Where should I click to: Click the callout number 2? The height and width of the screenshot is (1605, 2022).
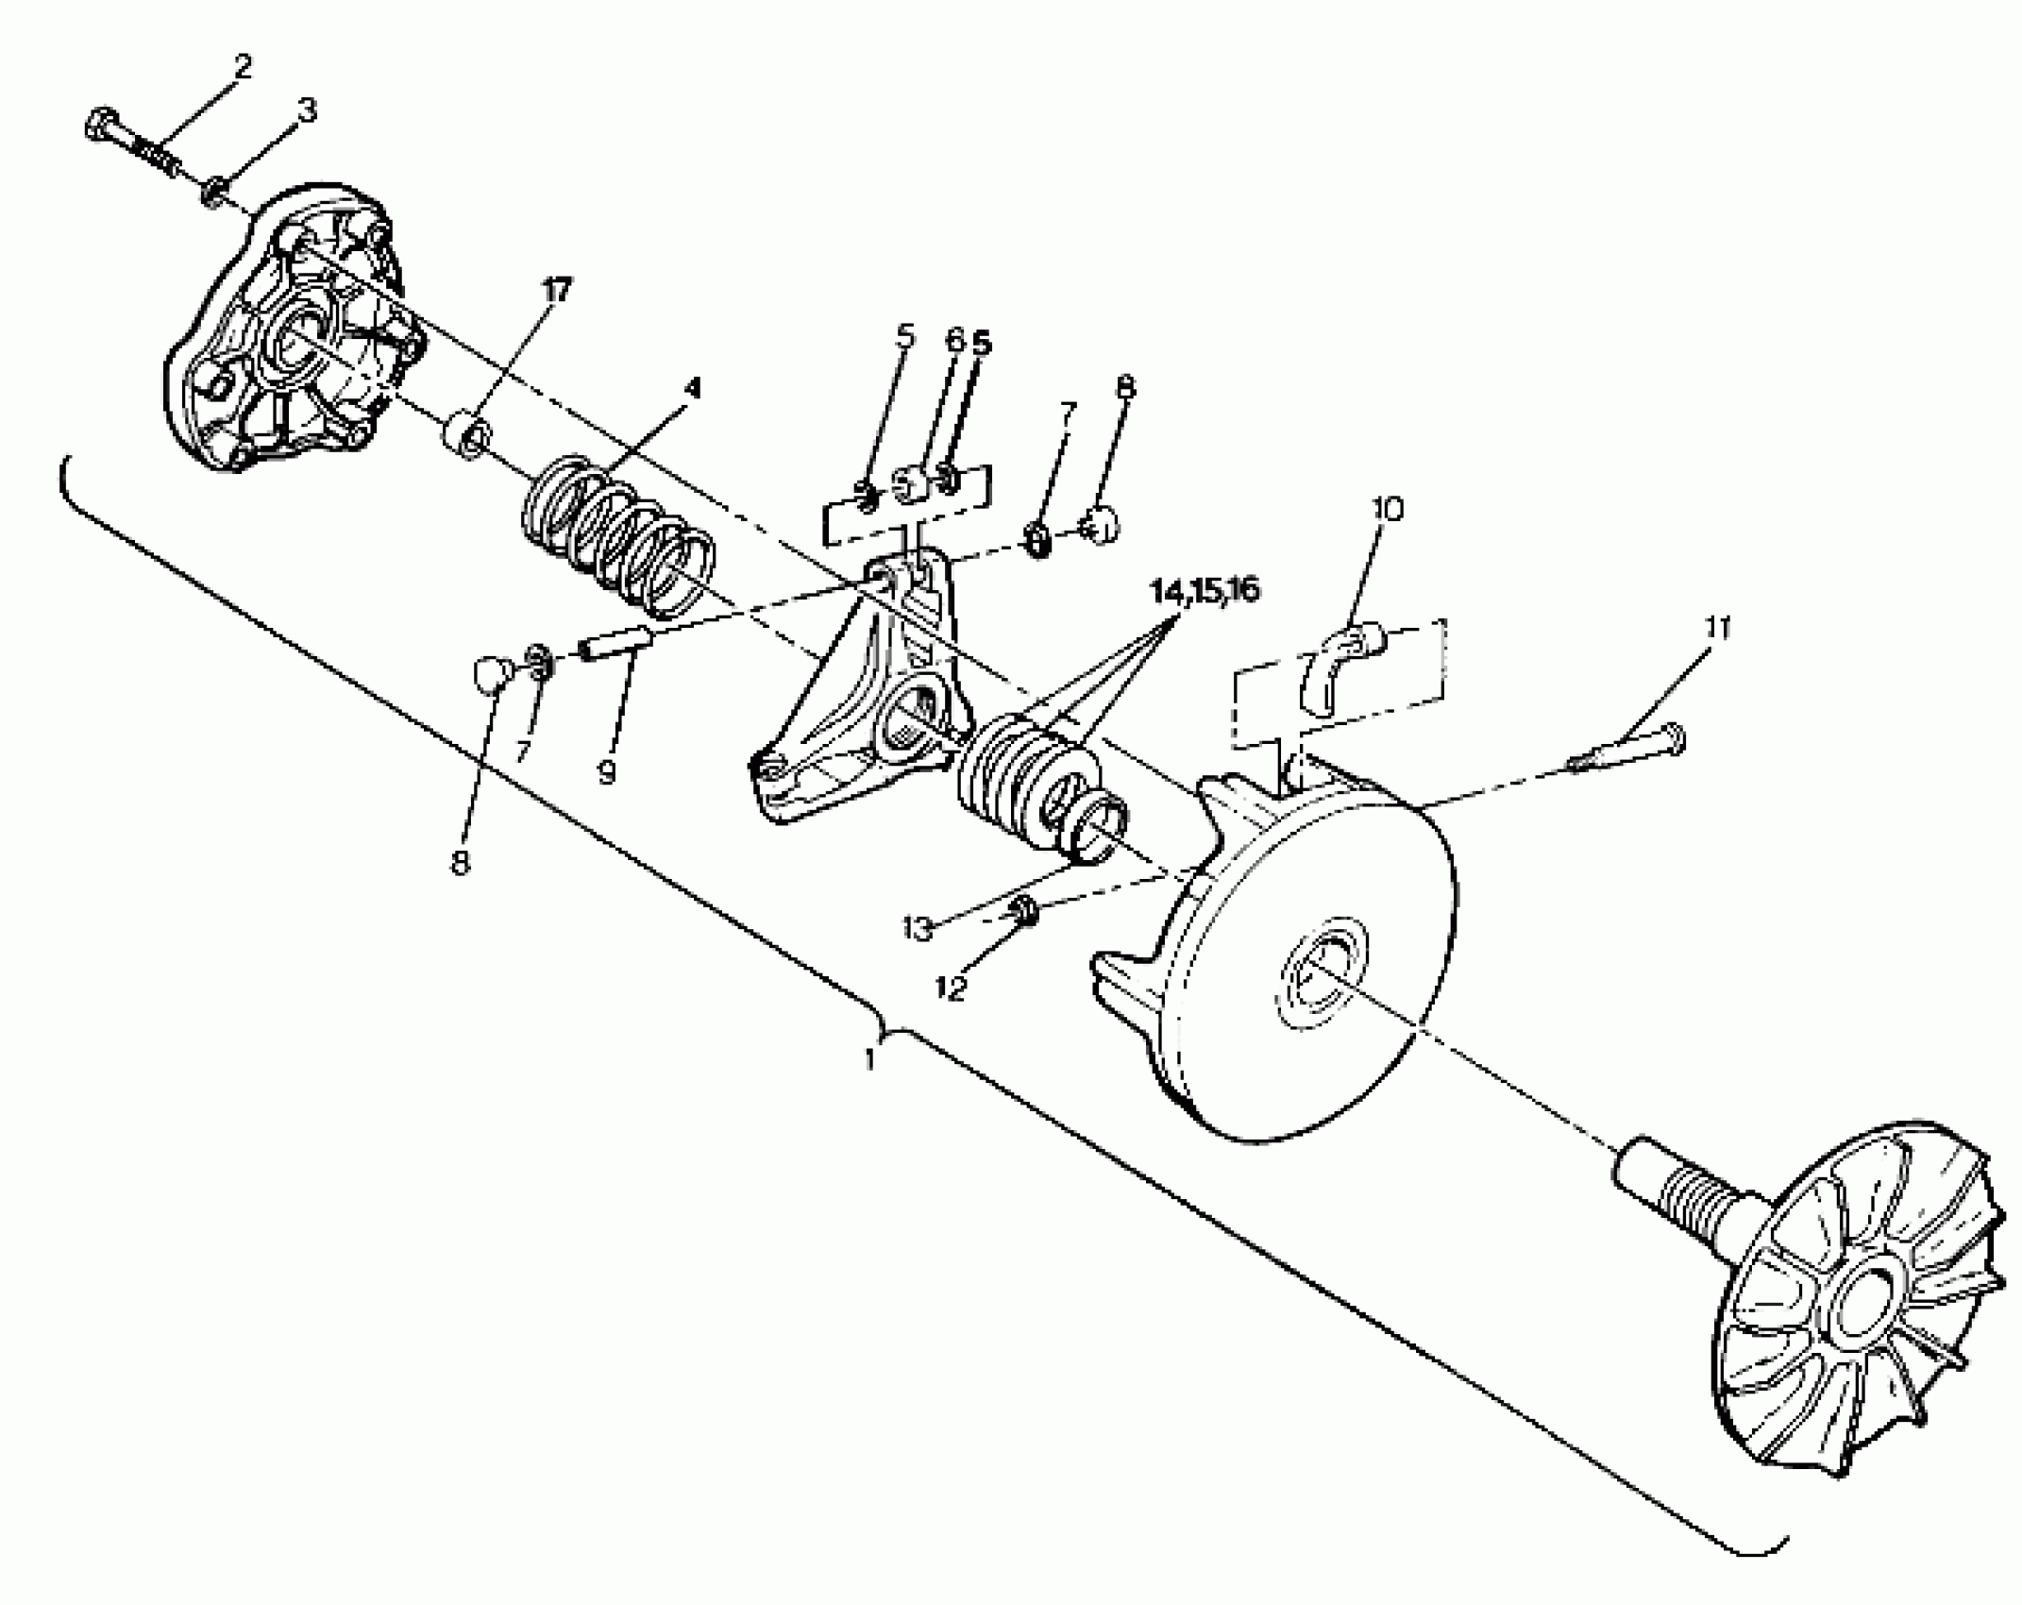pos(243,67)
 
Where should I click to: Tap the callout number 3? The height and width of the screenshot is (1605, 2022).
pos(307,110)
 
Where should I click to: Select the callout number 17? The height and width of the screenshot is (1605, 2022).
pos(556,291)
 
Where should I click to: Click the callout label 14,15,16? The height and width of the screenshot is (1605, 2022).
pos(1205,590)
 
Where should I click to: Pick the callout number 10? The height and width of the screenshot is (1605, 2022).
pos(1388,509)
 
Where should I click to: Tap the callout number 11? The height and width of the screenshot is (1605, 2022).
pos(1717,628)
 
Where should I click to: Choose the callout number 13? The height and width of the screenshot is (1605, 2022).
pos(917,928)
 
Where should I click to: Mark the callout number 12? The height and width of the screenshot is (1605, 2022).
pos(952,988)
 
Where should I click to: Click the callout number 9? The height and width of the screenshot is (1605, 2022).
pos(607,772)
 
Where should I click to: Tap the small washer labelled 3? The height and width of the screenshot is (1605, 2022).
pos(213,194)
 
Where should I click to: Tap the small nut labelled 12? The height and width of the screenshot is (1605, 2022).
pos(1023,911)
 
